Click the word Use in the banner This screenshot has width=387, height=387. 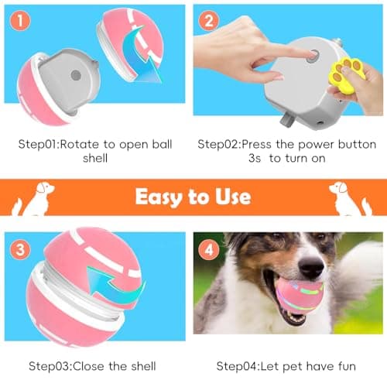[x=230, y=196]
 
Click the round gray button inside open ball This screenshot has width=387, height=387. [x=75, y=76]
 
